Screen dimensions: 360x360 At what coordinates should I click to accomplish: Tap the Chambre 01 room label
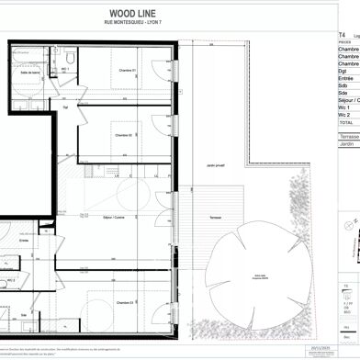127,71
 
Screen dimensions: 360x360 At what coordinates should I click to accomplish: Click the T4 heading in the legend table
342,34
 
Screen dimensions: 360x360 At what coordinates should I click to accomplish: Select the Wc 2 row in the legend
345,114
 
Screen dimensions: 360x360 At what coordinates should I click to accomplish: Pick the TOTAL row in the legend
345,121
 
